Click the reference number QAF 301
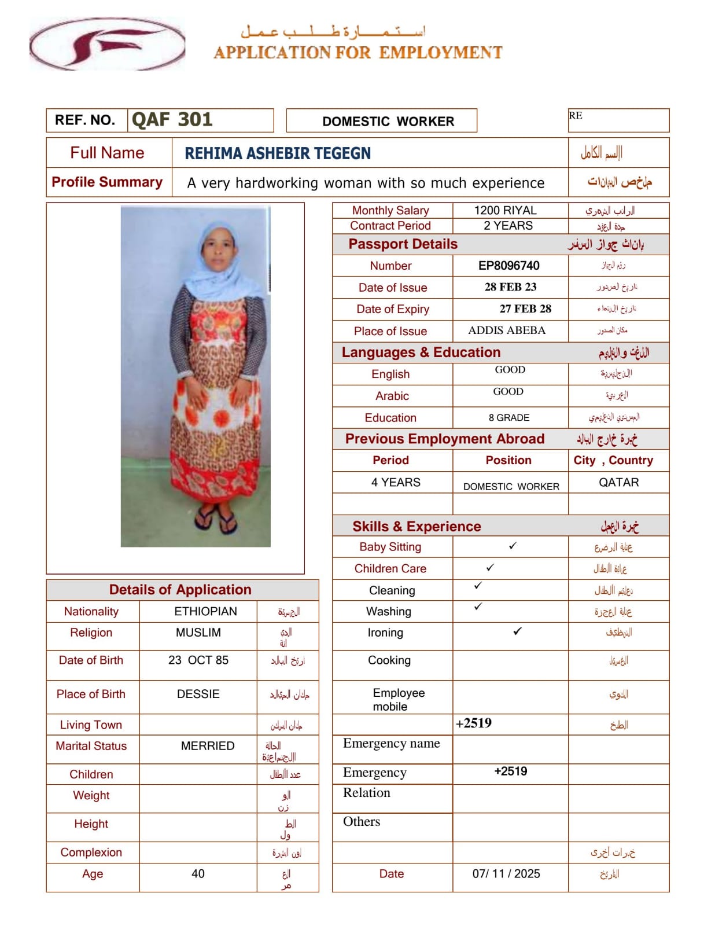pos(172,120)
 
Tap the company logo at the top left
pos(108,44)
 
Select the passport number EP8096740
pos(508,266)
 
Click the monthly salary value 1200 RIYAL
pos(505,210)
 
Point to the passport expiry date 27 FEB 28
pos(525,309)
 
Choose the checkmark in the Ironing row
pos(517,631)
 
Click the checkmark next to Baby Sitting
pos(513,546)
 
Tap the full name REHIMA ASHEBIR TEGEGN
pos(278,153)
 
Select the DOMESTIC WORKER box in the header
pos(388,121)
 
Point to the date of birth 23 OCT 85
pos(198,660)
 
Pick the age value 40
pos(198,873)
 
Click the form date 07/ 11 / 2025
pos(506,873)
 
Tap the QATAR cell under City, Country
pos(618,482)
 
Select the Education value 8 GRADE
pos(508,417)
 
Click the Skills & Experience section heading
pos(417,526)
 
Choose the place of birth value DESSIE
pos(198,694)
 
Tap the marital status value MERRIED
pos(208,746)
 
